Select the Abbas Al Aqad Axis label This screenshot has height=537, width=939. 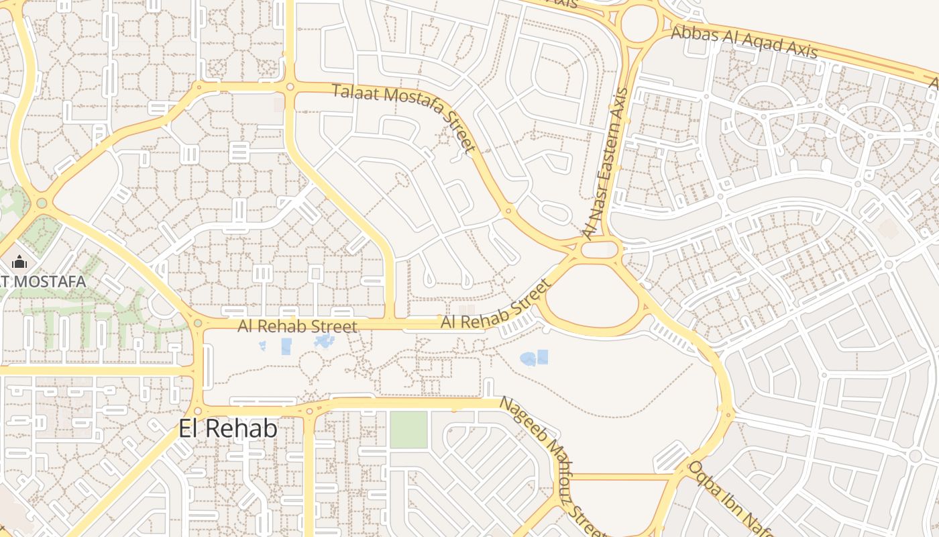[744, 42]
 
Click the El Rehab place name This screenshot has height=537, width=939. [228, 428]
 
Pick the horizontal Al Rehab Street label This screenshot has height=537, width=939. [297, 326]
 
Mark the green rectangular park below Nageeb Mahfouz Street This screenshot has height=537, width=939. [408, 430]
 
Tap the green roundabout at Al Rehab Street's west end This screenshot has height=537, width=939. [198, 324]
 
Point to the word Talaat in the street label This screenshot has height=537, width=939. [352, 93]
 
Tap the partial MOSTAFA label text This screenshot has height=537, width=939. [43, 281]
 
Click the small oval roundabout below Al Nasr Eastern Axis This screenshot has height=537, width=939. [598, 250]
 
